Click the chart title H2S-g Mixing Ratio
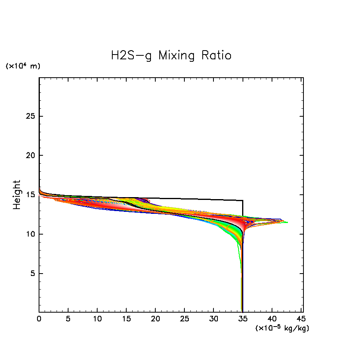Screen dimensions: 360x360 (171, 55)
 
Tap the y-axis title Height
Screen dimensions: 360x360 (17, 195)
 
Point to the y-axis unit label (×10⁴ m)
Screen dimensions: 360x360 (23, 66)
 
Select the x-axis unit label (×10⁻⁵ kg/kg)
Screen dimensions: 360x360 (282, 328)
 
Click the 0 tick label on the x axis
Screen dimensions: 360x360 (39, 319)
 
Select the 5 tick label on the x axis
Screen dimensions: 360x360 (68, 319)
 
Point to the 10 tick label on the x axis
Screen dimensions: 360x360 (97, 319)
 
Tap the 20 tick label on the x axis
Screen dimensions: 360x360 (155, 319)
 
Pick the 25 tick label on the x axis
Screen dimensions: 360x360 (184, 319)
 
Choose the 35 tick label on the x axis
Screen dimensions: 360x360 (243, 319)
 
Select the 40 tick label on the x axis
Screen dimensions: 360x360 (272, 319)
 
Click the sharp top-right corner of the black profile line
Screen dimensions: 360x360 (243, 200)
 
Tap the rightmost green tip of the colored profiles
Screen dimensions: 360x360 (287, 223)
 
